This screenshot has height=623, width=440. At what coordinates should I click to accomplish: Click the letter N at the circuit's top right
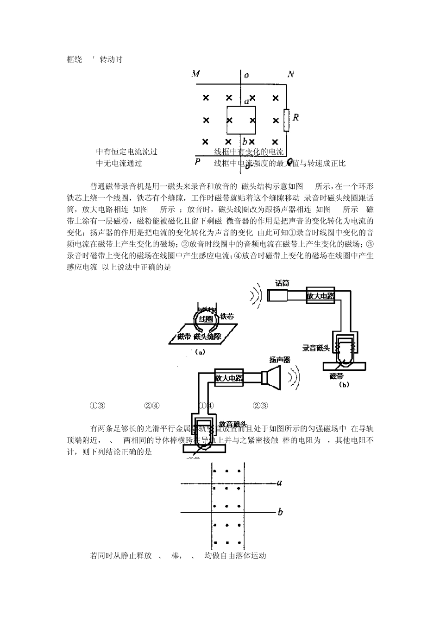point(290,74)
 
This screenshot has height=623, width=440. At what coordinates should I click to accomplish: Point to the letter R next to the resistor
point(296,117)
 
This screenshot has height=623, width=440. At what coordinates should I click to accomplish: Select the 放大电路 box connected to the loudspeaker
point(229,378)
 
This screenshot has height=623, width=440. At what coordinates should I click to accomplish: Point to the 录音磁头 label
point(316,348)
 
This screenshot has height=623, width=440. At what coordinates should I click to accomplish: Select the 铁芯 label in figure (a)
point(227,316)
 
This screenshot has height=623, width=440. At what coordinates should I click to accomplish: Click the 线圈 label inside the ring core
point(206,319)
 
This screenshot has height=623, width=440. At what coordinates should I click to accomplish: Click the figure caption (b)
point(344,384)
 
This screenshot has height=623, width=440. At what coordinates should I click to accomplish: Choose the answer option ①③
point(98,406)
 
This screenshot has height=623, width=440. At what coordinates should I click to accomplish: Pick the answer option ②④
point(152,406)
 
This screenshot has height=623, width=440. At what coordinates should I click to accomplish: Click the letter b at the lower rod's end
point(280,512)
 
